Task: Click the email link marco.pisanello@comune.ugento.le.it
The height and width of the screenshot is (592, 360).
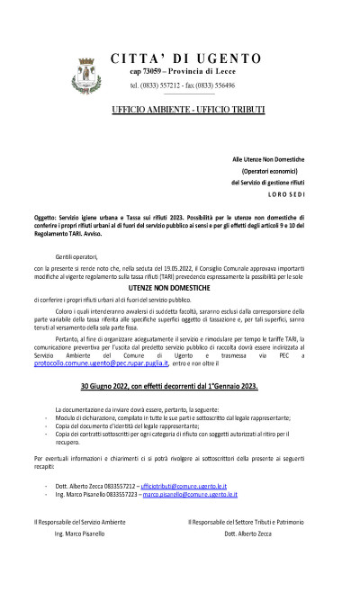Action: pos(191,494)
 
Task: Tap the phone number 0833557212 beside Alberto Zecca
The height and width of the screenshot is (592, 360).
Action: pos(119,484)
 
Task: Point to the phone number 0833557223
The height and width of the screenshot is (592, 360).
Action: pos(120,494)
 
